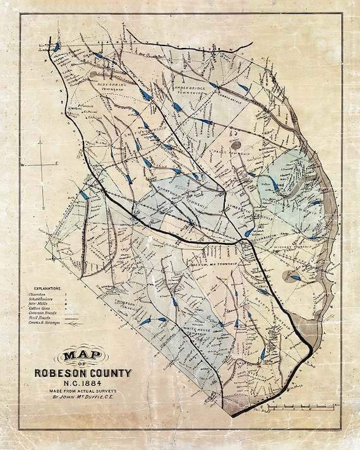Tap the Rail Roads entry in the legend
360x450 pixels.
click(39, 318)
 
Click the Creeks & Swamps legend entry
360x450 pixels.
click(43, 323)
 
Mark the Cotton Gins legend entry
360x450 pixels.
click(40, 308)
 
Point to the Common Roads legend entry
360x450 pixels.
click(42, 313)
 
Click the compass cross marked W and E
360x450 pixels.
click(42, 164)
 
